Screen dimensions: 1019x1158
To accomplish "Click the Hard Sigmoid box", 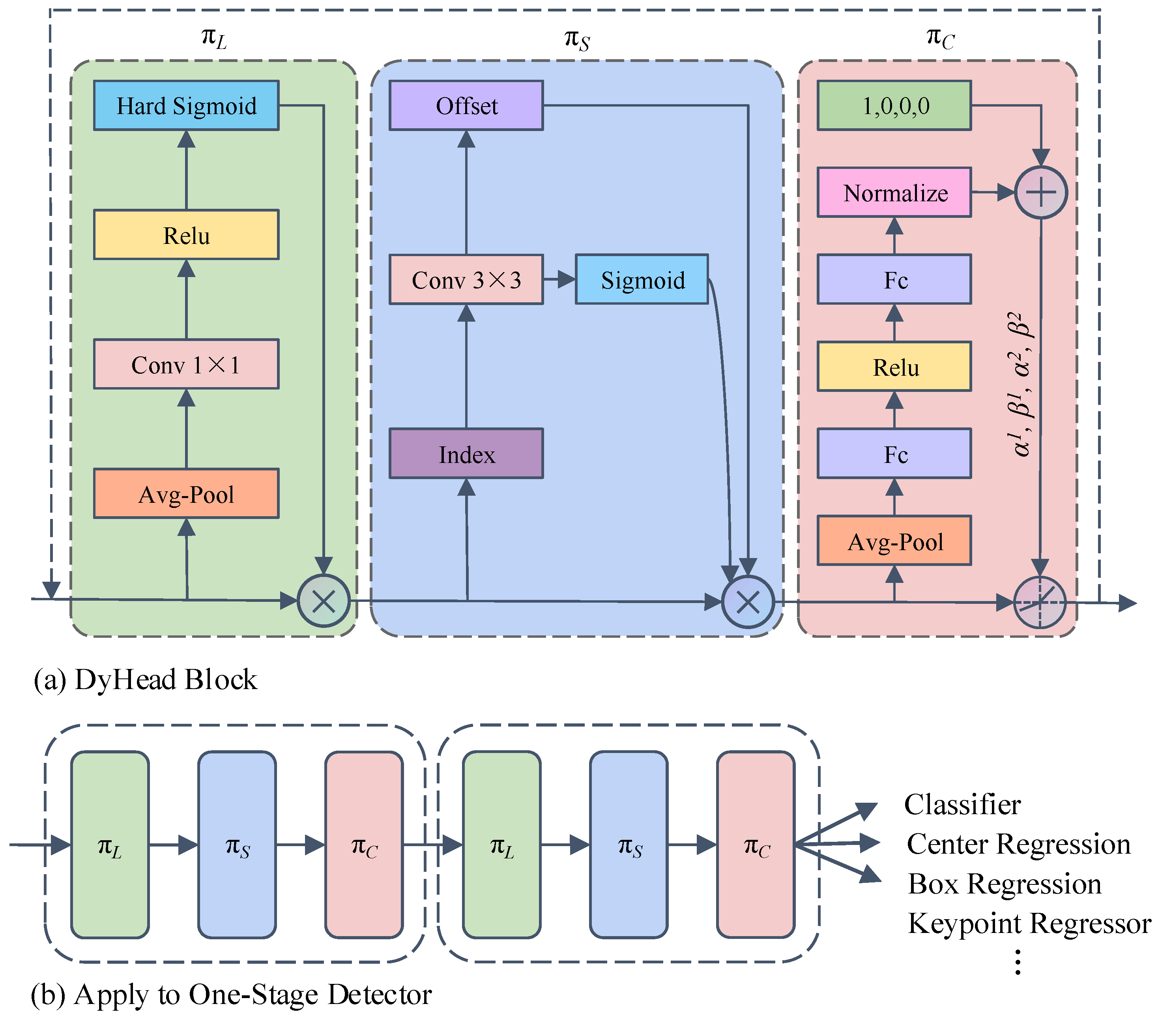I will (186, 105).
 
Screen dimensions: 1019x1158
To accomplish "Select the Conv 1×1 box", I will (186, 364).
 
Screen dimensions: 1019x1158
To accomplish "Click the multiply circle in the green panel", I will (324, 600).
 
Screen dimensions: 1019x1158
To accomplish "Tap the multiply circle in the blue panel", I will (747, 601).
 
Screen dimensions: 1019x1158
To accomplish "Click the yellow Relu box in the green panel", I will (186, 235).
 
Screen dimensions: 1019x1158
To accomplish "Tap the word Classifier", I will (962, 804).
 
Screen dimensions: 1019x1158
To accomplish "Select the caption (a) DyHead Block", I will (145, 679).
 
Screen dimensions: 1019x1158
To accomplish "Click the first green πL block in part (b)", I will (110, 845).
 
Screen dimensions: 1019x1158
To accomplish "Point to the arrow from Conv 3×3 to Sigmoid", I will (559, 279).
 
